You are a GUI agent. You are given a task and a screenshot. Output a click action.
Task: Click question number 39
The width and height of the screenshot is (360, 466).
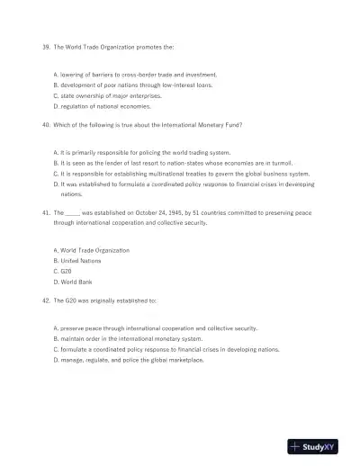[46, 45]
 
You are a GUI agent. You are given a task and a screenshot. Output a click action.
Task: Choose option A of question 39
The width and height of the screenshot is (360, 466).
[135, 74]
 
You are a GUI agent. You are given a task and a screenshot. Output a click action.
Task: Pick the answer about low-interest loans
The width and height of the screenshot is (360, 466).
[135, 84]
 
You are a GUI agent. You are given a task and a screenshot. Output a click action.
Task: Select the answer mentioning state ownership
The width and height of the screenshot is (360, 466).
[109, 94]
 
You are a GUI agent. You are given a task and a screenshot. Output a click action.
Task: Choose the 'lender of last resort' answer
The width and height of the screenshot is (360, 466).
[180, 163]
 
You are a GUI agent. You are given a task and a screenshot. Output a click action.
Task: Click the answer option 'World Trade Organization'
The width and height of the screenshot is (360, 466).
[94, 249]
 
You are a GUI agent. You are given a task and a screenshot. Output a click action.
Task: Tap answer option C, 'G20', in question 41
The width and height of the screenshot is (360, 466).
[63, 270]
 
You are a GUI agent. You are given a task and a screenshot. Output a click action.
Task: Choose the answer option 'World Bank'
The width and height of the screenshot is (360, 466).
[76, 281]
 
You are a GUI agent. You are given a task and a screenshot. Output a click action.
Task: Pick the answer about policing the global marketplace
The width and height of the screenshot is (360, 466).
[130, 359]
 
